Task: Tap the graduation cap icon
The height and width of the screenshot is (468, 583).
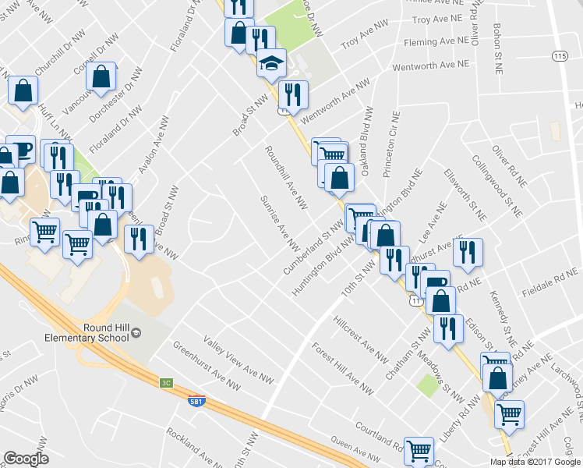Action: pyautogui.click(x=272, y=62)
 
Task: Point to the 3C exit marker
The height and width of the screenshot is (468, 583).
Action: pyautogui.click(x=166, y=382)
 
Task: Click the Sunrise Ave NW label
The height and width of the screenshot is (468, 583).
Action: pyautogui.click(x=281, y=222)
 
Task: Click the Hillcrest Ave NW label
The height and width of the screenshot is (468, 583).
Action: pyautogui.click(x=359, y=339)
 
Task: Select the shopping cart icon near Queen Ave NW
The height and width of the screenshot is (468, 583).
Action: pyautogui.click(x=419, y=450)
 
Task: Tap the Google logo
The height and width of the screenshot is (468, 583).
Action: pyautogui.click(x=26, y=459)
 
